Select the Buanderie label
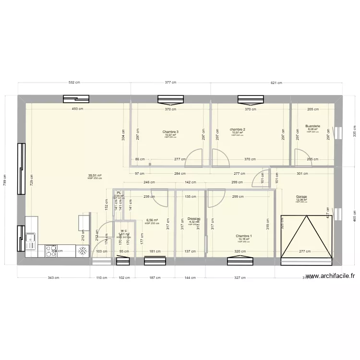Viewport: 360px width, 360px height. pos(312,127)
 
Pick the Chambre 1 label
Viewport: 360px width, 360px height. pos(243,236)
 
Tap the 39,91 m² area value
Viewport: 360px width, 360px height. pos(93,176)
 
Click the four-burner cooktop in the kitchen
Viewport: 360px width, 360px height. pos(52,250)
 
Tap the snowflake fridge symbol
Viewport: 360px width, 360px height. pos(83,250)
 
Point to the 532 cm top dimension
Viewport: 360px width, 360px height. pos(74,83)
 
